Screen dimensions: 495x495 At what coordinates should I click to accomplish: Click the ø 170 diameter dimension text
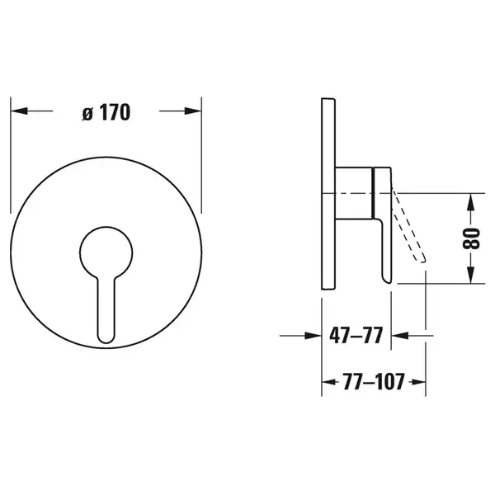[106, 112]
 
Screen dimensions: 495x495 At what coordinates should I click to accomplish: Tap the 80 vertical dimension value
[471, 238]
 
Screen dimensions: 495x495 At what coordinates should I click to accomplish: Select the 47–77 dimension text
[356, 336]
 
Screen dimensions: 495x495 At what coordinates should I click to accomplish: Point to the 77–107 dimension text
[374, 382]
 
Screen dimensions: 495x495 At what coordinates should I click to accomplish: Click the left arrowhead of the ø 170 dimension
[19, 111]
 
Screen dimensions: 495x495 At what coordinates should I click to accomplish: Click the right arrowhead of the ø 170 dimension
[193, 111]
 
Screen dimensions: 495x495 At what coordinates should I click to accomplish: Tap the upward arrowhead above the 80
[471, 202]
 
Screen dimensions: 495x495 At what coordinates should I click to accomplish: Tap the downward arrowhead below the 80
[471, 275]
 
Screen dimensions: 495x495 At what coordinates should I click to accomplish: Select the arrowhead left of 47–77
[313, 336]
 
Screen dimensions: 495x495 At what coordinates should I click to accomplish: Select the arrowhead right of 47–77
[399, 336]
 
